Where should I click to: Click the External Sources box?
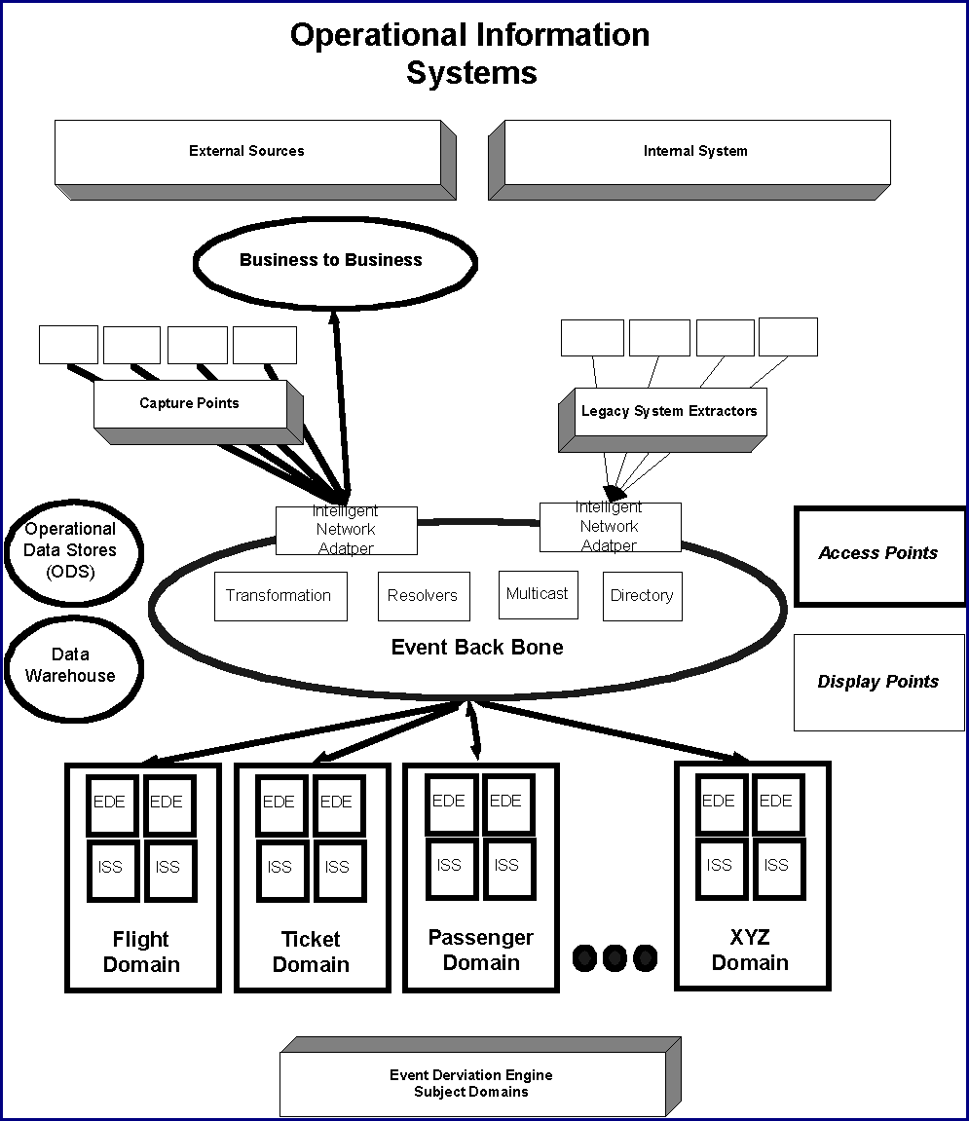coord(247,152)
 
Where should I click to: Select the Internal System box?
coord(695,152)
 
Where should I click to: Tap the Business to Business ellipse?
coord(331,260)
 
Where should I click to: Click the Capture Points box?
coord(190,403)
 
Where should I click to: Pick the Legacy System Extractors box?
coord(669,411)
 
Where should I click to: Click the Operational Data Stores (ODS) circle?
coord(71,550)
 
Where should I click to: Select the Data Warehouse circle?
coord(71,665)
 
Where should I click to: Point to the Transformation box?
coord(280,595)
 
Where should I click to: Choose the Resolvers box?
coord(423,595)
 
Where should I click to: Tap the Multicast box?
coord(538,594)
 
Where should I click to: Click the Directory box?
coord(642,595)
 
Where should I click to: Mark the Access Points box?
coord(878,553)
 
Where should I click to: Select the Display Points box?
coord(878,682)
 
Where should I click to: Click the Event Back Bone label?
coord(477,648)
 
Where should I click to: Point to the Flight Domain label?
coord(142,953)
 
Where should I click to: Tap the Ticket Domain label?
coord(311,953)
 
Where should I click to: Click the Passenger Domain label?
coord(481,951)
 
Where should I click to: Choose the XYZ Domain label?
coord(750,951)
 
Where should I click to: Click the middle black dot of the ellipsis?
coord(614,957)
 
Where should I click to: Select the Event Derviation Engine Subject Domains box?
coord(471,1083)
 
